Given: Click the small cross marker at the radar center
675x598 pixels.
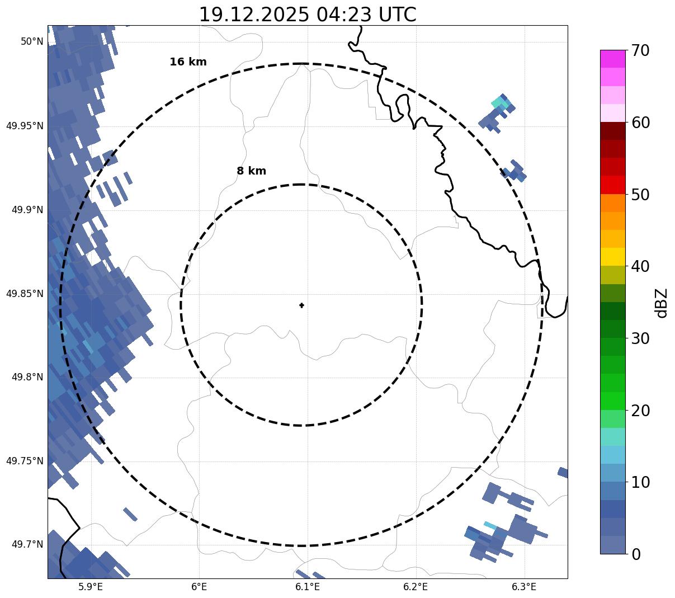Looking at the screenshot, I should pos(301,305).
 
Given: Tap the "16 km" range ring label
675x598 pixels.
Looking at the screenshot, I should pos(188,62).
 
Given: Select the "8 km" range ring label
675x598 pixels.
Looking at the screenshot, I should pos(251,171).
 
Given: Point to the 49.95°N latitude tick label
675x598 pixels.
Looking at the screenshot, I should pos(25,126).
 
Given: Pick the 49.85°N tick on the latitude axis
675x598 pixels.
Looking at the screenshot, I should pos(25,294).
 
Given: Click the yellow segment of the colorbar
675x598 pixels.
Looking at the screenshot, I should pos(612,257).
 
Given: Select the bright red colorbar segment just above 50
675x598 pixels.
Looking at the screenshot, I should pos(612,185).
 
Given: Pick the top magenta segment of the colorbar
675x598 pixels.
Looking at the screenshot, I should pos(612,59).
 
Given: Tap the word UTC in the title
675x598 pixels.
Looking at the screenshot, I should pos(397,15).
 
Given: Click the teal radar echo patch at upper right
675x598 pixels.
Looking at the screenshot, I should pos(499,102).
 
